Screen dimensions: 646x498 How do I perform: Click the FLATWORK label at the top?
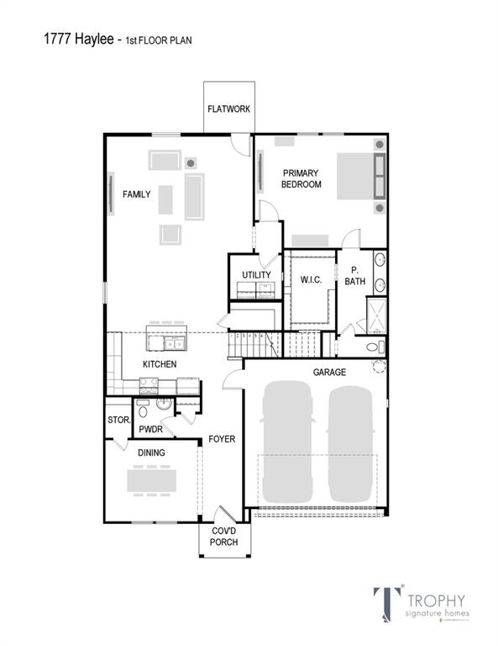[228, 109]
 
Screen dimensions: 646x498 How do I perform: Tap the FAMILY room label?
[136, 194]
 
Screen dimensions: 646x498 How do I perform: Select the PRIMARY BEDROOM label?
[301, 178]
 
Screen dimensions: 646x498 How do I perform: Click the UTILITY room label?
[256, 275]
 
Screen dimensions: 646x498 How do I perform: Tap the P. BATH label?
[354, 276]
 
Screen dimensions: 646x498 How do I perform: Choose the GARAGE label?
[328, 372]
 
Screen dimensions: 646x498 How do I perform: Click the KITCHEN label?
[159, 364]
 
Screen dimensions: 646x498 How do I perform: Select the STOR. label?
[117, 420]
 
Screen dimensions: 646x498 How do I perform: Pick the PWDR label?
[150, 430]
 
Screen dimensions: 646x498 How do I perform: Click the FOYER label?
[222, 439]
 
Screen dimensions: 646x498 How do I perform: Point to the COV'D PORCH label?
[224, 537]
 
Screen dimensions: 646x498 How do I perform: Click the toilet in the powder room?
[143, 411]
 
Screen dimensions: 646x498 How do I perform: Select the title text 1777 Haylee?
[76, 39]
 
